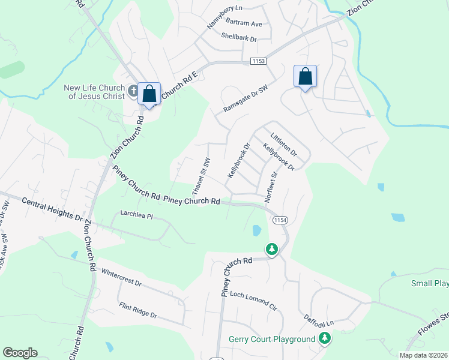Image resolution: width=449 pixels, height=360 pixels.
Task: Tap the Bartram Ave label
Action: (244, 23)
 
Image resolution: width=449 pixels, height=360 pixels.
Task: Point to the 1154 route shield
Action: (279, 220)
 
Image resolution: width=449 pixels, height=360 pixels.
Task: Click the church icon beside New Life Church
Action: (133, 92)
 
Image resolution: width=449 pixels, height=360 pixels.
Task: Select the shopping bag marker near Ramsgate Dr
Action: (305, 77)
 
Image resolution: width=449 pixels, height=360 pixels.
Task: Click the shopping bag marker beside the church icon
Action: (149, 94)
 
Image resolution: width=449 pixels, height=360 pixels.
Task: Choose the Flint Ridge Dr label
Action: (137, 311)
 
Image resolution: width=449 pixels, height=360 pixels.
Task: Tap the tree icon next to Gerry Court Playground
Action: (325, 339)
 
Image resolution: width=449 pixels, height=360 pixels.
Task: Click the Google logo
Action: (20, 353)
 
